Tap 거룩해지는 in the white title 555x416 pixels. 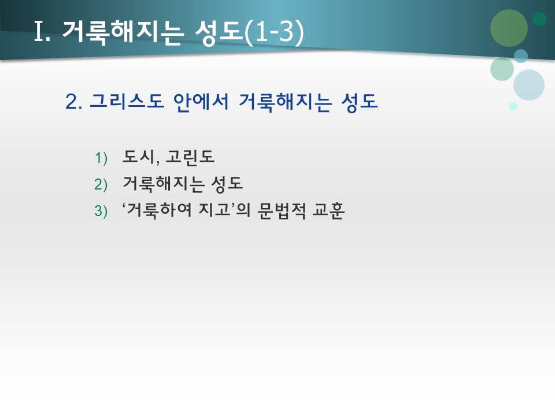(119, 33)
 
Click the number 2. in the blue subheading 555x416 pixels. (74, 102)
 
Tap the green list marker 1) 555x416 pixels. (101, 158)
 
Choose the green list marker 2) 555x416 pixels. (101, 184)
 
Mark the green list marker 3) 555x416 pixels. (101, 211)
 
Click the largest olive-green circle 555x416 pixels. (509, 28)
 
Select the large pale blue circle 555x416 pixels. (529, 85)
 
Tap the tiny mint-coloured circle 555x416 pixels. (513, 106)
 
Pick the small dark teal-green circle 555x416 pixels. (539, 19)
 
